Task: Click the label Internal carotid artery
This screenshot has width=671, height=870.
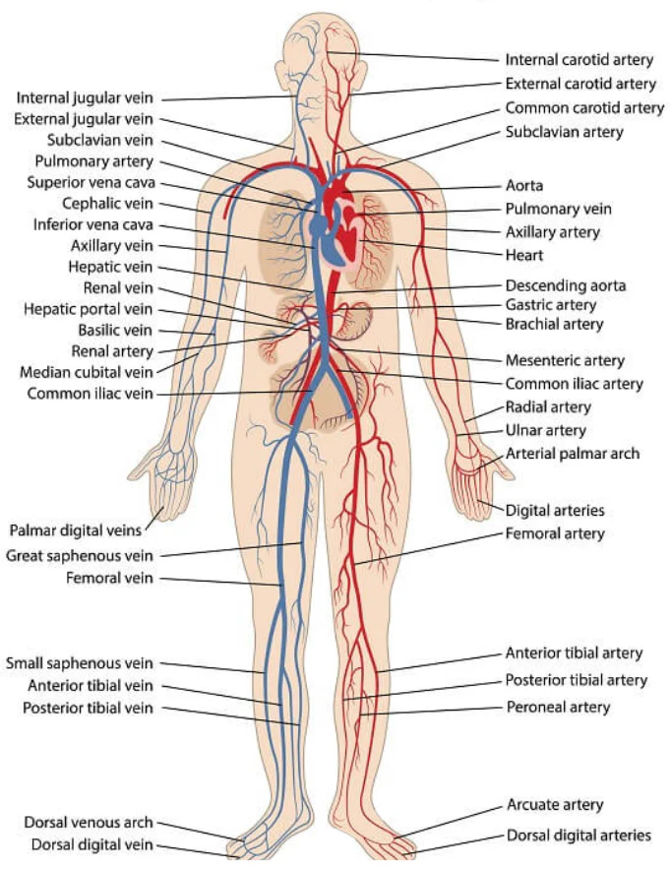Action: (579, 60)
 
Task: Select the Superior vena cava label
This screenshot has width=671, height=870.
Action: (91, 182)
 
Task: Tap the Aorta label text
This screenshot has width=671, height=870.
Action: (524, 185)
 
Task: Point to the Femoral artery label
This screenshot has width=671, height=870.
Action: (555, 533)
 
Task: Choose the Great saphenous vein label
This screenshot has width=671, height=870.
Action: (79, 555)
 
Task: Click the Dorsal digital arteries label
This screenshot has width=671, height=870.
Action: (579, 836)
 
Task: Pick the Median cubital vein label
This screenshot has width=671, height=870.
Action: (86, 372)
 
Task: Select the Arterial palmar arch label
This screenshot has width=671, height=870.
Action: (573, 454)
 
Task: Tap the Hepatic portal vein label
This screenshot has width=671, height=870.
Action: (88, 309)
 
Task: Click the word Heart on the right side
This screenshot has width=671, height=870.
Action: (524, 255)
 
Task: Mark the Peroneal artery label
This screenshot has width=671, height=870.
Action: (558, 707)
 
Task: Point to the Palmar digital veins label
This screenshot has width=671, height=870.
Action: (76, 530)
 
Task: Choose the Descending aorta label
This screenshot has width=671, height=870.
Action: (566, 285)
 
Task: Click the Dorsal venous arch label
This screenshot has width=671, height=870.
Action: (89, 823)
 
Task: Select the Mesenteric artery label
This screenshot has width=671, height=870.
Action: (565, 360)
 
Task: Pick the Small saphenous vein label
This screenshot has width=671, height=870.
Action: (79, 663)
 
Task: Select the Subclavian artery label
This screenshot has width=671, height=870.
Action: (564, 132)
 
